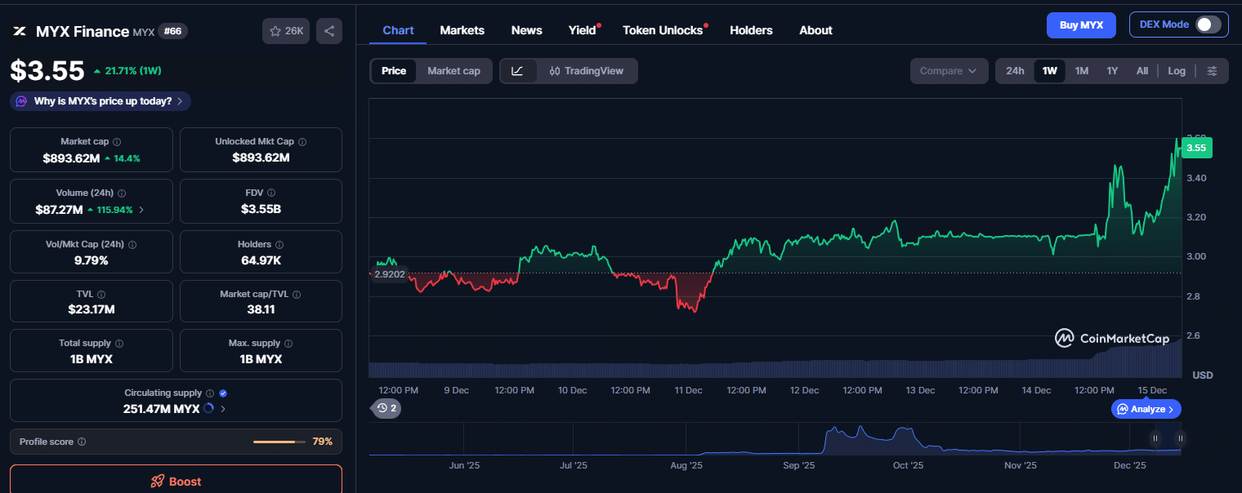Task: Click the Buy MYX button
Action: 1080,25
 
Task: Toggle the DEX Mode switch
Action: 1208,24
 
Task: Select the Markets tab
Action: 462,30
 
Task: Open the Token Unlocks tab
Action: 663,30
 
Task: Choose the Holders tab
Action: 751,30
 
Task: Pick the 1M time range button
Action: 1081,71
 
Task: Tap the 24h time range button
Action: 1015,71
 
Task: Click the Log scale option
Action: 1176,71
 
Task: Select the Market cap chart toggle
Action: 453,71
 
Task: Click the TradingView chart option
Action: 587,71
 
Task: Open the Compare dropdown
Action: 948,71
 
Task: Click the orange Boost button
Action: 176,481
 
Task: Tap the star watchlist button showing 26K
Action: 285,31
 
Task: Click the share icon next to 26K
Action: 329,31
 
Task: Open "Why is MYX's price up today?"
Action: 101,101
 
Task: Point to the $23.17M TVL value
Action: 91,309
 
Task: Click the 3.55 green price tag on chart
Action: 1195,148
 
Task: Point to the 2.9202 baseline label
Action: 390,274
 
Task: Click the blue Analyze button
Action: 1146,409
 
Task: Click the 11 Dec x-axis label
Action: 688,390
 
